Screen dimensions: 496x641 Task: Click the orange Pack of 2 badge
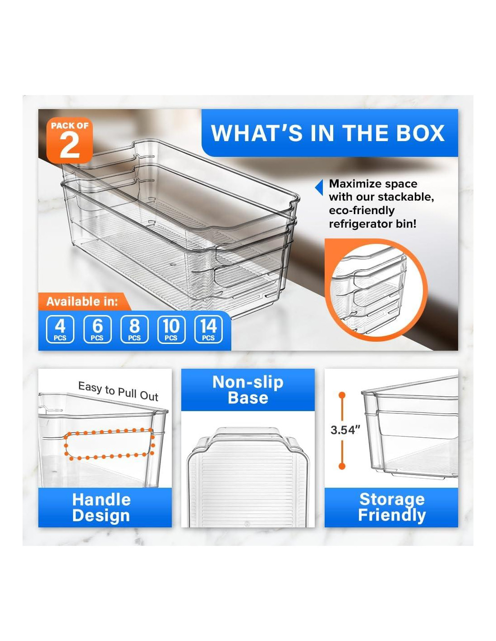coord(69,140)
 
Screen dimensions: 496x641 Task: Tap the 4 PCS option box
coord(60,329)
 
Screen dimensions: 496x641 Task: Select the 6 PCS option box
coord(97,329)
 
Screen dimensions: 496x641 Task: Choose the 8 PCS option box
coord(134,329)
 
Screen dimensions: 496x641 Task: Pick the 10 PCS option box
coord(171,329)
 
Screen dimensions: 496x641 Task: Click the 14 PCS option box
coord(208,329)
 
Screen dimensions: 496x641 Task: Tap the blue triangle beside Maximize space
coord(319,188)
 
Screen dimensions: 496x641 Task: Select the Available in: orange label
coord(83,302)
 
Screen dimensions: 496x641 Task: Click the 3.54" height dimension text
coord(345,430)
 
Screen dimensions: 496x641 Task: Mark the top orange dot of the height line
coord(342,395)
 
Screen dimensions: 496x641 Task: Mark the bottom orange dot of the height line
coord(342,466)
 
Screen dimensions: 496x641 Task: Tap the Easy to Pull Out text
coord(118,391)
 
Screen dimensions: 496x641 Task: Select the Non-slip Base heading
coord(248,389)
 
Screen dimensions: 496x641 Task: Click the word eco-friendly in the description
coord(362,211)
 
